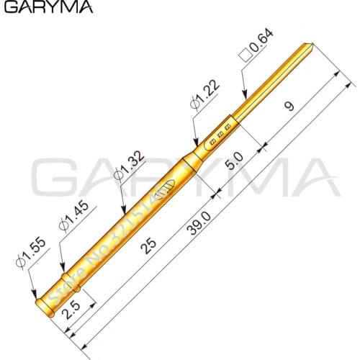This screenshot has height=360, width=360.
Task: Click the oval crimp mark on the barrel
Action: click(165, 187)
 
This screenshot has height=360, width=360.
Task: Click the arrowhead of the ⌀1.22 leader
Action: click(196, 147)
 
